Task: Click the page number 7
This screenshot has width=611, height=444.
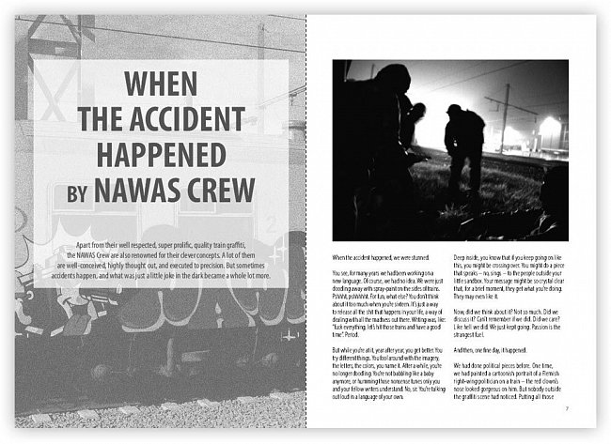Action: (566, 409)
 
